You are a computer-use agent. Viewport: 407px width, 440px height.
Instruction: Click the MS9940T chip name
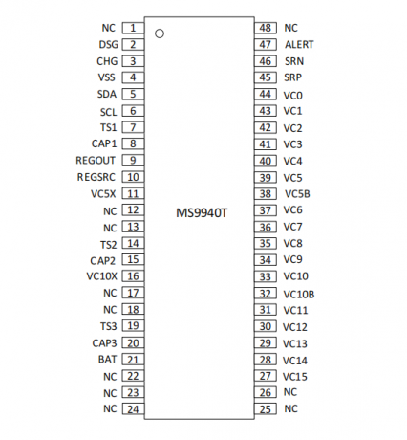pyautogui.click(x=202, y=212)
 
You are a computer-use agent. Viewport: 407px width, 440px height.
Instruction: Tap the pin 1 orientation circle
pyautogui.click(x=160, y=33)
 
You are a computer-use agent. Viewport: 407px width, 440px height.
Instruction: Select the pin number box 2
pyautogui.click(x=133, y=44)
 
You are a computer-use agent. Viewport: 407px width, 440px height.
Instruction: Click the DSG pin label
pyautogui.click(x=109, y=44)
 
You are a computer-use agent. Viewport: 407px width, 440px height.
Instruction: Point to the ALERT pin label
pyautogui.click(x=299, y=44)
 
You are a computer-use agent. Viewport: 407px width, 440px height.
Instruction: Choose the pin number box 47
pyautogui.click(x=266, y=44)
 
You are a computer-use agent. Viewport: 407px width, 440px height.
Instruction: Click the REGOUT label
pyautogui.click(x=96, y=160)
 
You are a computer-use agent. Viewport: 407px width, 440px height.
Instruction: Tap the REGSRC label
pyautogui.click(x=96, y=177)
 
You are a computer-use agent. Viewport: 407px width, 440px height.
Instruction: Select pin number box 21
pyautogui.click(x=133, y=360)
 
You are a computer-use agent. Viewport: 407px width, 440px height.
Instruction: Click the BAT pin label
pyautogui.click(x=107, y=360)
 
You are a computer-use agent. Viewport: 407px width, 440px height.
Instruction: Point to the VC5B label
pyautogui.click(x=297, y=194)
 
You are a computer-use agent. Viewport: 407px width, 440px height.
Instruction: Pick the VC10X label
pyautogui.click(x=102, y=276)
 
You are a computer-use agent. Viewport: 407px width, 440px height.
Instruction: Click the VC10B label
pyautogui.click(x=299, y=295)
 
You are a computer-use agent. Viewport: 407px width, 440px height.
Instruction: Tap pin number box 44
pyautogui.click(x=266, y=94)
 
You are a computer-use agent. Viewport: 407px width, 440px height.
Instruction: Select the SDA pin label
pyautogui.click(x=107, y=94)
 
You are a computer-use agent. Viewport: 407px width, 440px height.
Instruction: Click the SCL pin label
pyautogui.click(x=109, y=112)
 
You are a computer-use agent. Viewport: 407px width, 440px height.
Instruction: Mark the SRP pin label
pyautogui.click(x=292, y=77)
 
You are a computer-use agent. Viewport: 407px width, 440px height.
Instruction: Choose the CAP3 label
pyautogui.click(x=104, y=343)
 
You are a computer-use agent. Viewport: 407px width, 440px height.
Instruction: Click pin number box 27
pyautogui.click(x=266, y=376)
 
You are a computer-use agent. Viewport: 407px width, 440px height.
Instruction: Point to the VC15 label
pyautogui.click(x=295, y=377)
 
